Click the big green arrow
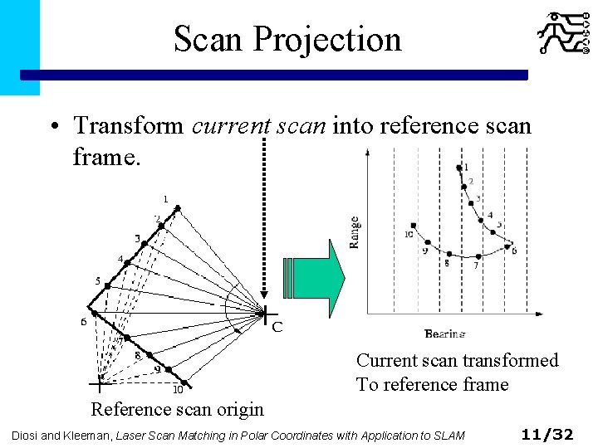pyautogui.click(x=314, y=278)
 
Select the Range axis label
pyautogui.click(x=355, y=232)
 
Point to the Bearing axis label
pyautogui.click(x=445, y=334)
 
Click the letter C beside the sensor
pyautogui.click(x=277, y=327)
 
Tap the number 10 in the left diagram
pyautogui.click(x=177, y=390)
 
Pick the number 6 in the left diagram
pyautogui.click(x=84, y=322)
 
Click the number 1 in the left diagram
pyautogui.click(x=165, y=199)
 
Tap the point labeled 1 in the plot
pyautogui.click(x=459, y=169)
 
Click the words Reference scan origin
pyautogui.click(x=177, y=409)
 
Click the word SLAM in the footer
pyautogui.click(x=448, y=435)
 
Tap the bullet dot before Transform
pyautogui.click(x=52, y=127)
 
